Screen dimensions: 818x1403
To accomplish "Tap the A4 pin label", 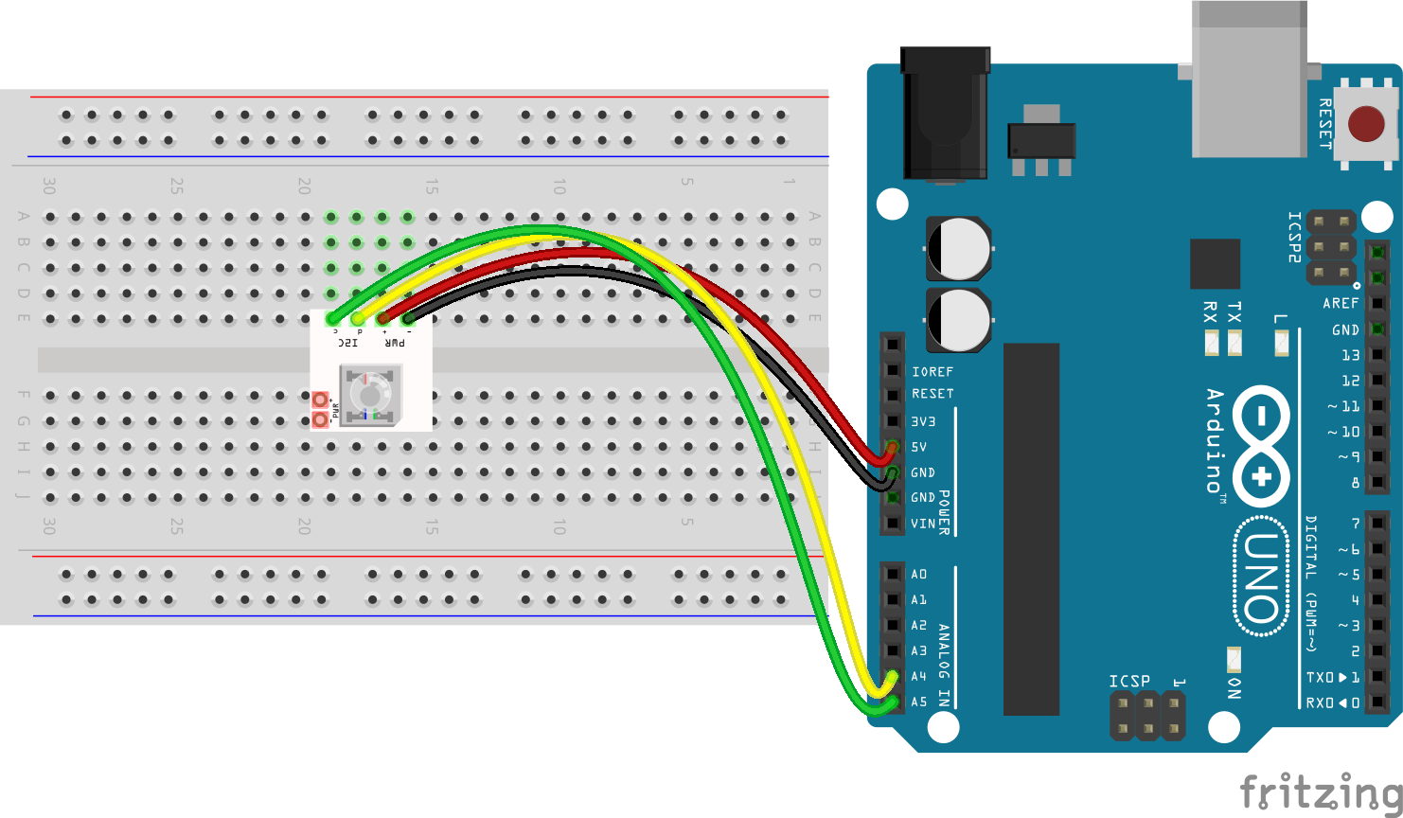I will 918,677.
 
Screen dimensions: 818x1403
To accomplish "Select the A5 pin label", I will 918,702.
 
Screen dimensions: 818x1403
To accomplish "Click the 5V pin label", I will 918,447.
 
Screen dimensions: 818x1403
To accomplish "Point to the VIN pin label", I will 922,524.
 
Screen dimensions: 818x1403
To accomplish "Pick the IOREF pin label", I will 932,372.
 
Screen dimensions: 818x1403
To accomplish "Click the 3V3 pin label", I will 923,421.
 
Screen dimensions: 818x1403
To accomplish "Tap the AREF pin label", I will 1341,303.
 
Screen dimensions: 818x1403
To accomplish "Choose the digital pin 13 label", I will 1350,355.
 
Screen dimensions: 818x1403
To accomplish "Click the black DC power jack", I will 945,114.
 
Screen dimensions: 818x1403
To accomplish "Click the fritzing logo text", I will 1321,791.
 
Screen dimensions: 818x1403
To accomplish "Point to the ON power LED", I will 1234,660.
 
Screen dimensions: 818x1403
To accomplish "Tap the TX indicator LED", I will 1234,343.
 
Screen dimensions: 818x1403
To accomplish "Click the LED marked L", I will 1281,343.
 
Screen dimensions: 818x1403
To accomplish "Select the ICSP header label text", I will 1129,682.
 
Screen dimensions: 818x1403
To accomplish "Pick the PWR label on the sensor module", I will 395,342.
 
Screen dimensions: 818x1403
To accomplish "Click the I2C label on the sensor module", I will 347,342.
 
